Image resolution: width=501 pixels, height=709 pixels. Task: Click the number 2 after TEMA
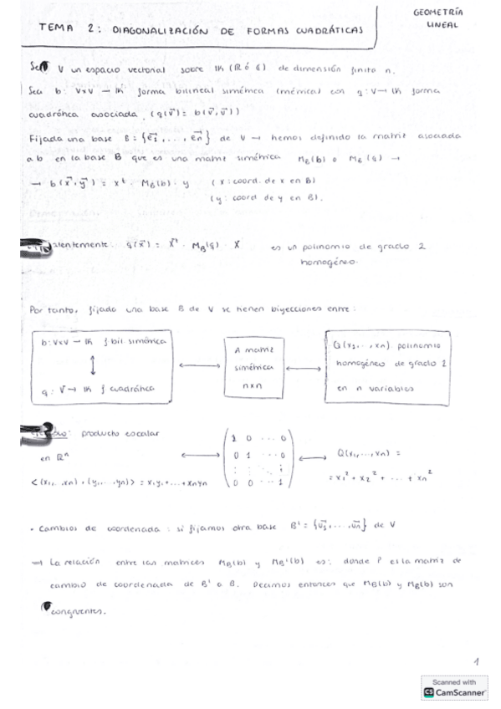pyautogui.click(x=89, y=28)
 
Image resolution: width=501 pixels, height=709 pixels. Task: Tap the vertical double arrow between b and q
pyautogui.click(x=93, y=365)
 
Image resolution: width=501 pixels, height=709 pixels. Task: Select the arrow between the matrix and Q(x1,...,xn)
pyautogui.click(x=313, y=458)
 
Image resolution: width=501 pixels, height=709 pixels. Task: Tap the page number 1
pyautogui.click(x=475, y=661)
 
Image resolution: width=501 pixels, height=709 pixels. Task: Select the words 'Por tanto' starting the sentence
pyautogui.click(x=45, y=309)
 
